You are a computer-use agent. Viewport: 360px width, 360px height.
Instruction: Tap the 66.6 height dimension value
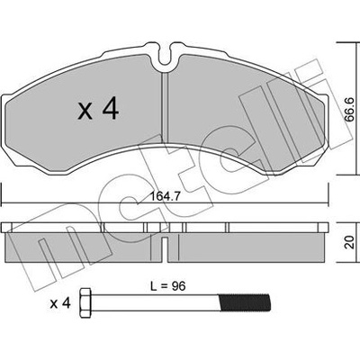pos(349,110)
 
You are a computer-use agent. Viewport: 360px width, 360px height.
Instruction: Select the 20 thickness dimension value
pos(349,242)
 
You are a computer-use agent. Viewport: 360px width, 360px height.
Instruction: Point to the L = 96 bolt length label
pos(168,286)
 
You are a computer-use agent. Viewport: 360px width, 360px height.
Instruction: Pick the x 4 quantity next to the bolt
pos(60,303)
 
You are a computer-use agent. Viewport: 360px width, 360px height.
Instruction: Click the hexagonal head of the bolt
pos(86,303)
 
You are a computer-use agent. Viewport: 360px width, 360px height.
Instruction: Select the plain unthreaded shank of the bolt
pos(156,303)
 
